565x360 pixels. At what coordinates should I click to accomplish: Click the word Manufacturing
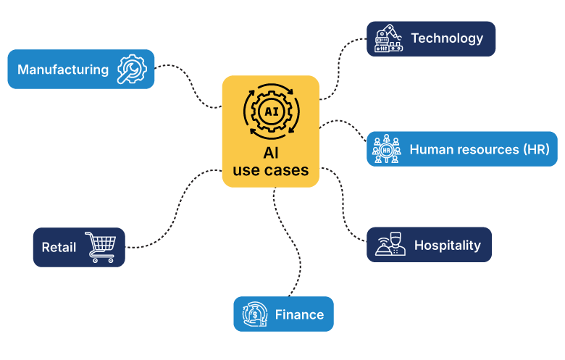(63, 70)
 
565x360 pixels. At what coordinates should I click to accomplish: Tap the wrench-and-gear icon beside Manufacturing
(132, 70)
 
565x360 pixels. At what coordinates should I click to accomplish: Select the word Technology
(446, 38)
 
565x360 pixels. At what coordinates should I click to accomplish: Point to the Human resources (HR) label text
(480, 149)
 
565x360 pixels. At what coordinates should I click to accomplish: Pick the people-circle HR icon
(386, 149)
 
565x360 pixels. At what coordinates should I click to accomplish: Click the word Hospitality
(447, 245)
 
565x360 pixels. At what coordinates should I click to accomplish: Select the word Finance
(299, 314)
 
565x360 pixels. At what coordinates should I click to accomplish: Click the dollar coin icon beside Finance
(255, 314)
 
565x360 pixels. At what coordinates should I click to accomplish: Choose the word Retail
(59, 248)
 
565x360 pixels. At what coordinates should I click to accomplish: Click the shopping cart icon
(100, 247)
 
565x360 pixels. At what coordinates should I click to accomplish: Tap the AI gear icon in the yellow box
(271, 112)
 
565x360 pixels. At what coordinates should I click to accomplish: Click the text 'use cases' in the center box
(271, 171)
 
